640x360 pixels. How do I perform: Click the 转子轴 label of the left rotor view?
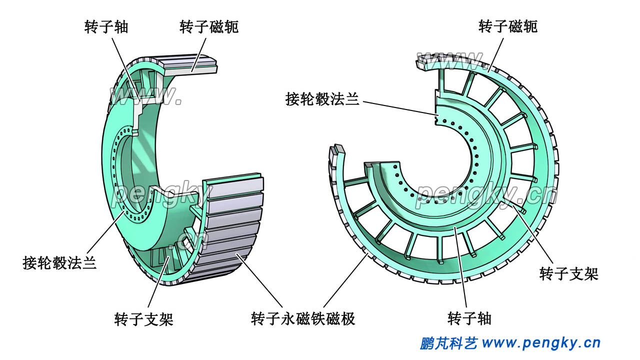(x=106, y=26)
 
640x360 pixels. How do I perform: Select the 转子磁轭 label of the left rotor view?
(x=209, y=26)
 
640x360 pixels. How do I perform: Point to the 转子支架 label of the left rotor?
(x=143, y=318)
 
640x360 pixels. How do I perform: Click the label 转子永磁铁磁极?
(x=303, y=318)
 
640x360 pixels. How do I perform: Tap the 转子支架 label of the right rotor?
(x=569, y=273)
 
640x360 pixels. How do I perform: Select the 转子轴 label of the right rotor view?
(x=469, y=318)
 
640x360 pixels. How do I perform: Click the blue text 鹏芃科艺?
(x=449, y=343)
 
